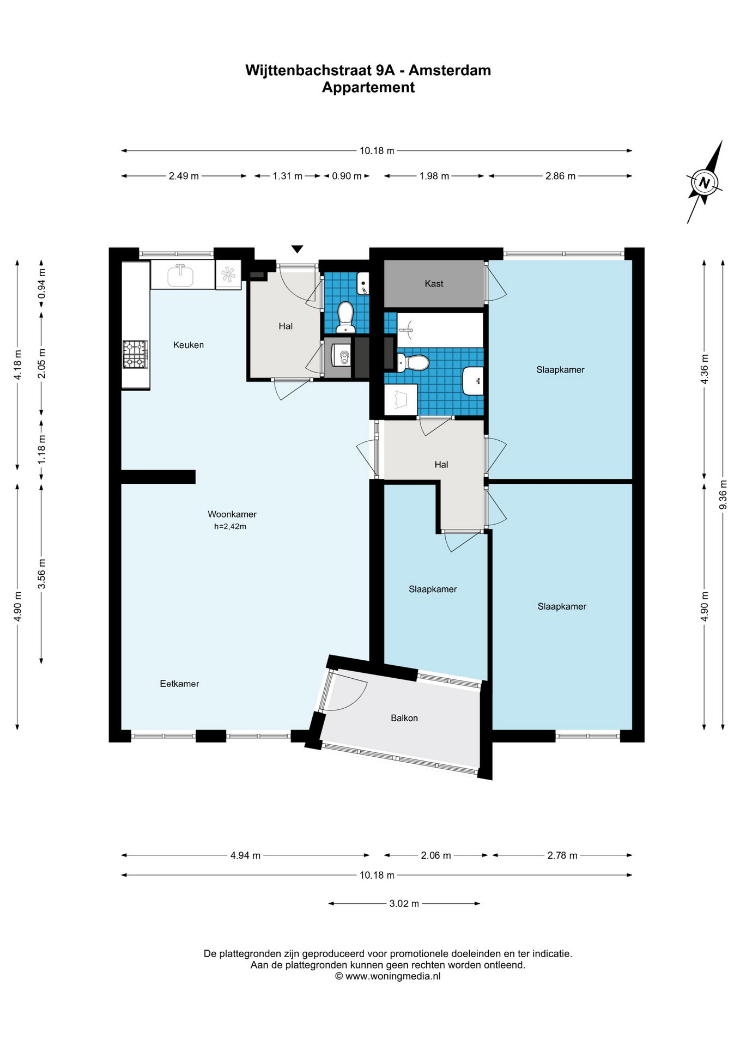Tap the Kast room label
pyautogui.click(x=434, y=284)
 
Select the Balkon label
pyautogui.click(x=404, y=718)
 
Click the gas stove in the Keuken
pyautogui.click(x=135, y=354)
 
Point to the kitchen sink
pyautogui.click(x=180, y=276)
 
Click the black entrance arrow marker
pyautogui.click(x=297, y=250)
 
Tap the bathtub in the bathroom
pyautogui.click(x=440, y=330)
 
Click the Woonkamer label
pyautogui.click(x=232, y=514)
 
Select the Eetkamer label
pyautogui.click(x=179, y=684)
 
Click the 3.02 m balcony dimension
pyautogui.click(x=404, y=903)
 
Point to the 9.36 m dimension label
pyautogui.click(x=723, y=495)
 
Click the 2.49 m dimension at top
pyautogui.click(x=184, y=176)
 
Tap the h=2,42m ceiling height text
pyautogui.click(x=230, y=527)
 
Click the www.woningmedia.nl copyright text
pyautogui.click(x=388, y=976)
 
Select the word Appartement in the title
pyautogui.click(x=368, y=87)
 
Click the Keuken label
pyautogui.click(x=189, y=345)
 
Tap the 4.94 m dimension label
pyautogui.click(x=245, y=855)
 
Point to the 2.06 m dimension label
pyautogui.click(x=436, y=855)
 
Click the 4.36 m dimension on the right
pyautogui.click(x=705, y=369)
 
